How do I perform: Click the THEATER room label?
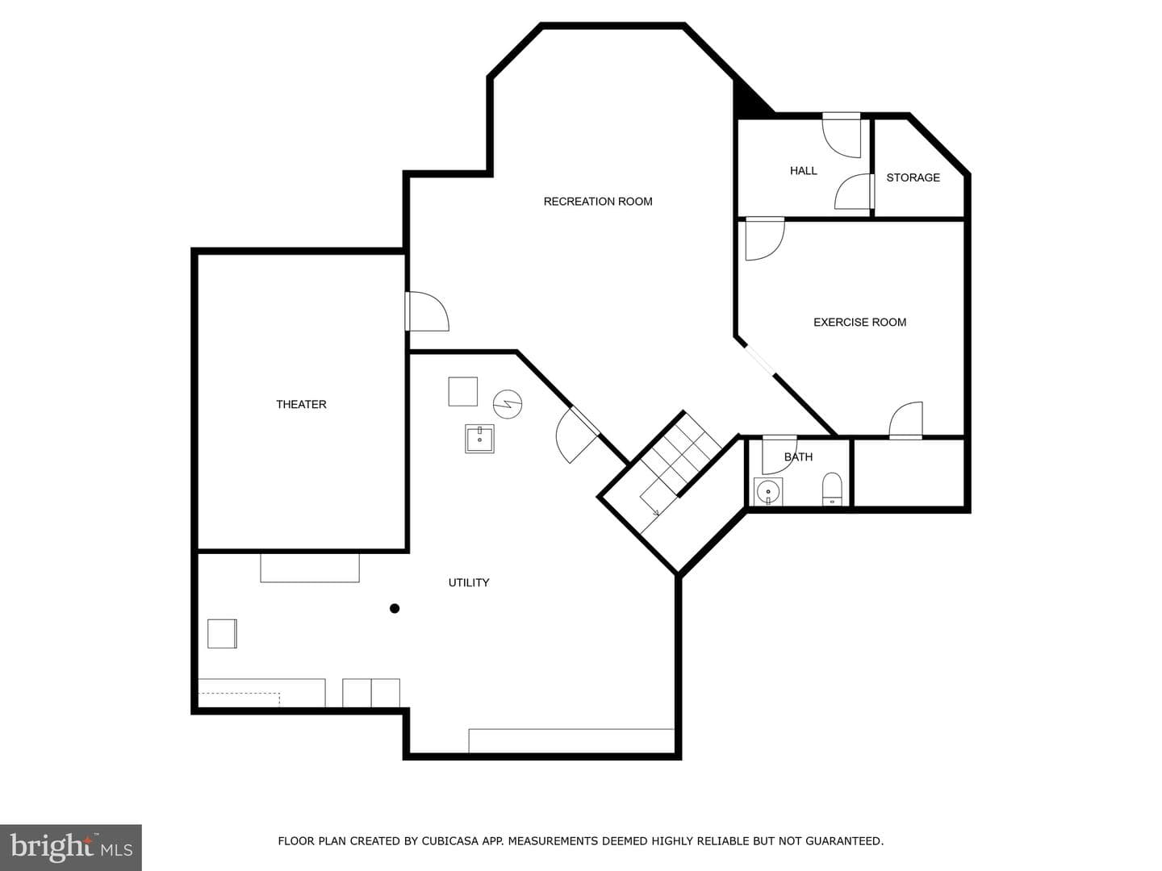[x=301, y=405]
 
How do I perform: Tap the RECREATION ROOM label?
[x=598, y=202]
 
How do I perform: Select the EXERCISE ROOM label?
[x=859, y=322]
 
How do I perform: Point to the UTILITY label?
[x=469, y=583]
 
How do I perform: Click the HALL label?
[x=803, y=171]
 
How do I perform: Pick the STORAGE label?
[x=913, y=177]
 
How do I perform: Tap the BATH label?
[x=798, y=457]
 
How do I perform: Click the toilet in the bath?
[x=832, y=490]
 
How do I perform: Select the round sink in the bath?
[x=767, y=492]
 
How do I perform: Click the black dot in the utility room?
[x=395, y=609]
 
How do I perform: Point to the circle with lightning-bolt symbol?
[x=508, y=405]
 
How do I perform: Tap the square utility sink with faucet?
[x=479, y=439]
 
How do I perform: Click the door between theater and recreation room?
[x=427, y=311]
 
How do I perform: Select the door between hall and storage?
[x=854, y=191]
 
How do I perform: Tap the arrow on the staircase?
[x=656, y=512]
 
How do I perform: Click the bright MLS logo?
[x=71, y=847]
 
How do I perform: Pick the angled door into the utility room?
[x=577, y=435]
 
